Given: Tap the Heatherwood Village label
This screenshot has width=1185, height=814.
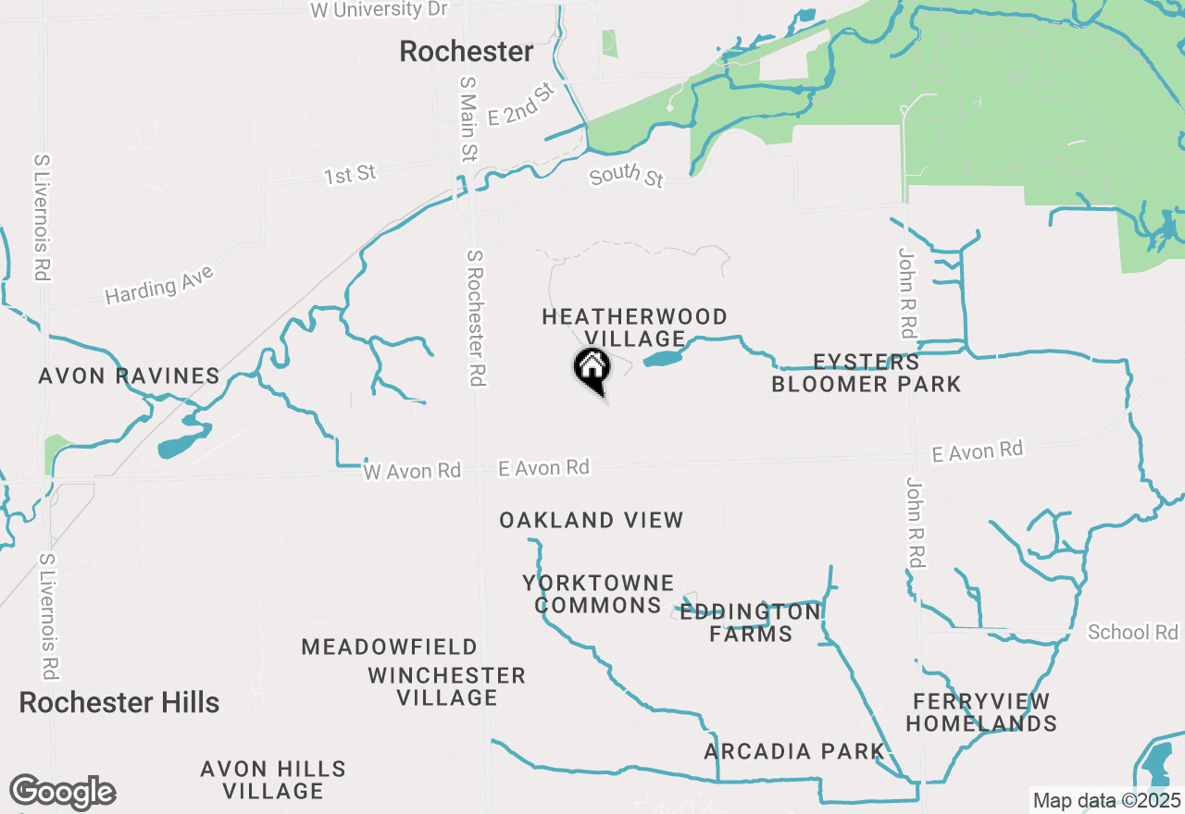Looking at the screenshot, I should [x=635, y=327].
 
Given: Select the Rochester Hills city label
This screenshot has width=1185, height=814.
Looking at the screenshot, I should [x=119, y=702].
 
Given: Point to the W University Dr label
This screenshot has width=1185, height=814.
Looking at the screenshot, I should [x=380, y=10].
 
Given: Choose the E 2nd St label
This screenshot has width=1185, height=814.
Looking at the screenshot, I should [x=520, y=104].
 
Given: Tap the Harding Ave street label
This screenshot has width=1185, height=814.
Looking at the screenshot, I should [x=159, y=284].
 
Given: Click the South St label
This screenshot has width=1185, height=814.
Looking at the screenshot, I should [x=627, y=174].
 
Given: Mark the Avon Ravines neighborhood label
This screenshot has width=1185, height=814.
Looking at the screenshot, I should [x=130, y=376].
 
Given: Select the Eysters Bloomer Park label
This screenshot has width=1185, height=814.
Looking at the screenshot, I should [x=867, y=373].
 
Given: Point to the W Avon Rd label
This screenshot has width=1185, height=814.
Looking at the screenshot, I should [x=412, y=471].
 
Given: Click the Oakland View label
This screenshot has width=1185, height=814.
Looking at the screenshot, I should [x=592, y=520].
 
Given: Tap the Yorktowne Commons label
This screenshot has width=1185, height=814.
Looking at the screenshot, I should [x=598, y=594].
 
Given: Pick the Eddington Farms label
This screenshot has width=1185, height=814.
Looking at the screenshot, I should [x=751, y=623].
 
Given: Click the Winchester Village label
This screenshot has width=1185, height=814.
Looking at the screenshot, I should [x=447, y=686].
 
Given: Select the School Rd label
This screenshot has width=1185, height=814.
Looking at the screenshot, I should [x=1132, y=632].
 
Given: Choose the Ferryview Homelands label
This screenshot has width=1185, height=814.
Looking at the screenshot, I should [x=980, y=711].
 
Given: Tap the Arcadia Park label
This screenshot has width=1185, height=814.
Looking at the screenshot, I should [x=793, y=751].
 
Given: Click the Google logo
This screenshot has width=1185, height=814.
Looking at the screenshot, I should [x=62, y=792].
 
